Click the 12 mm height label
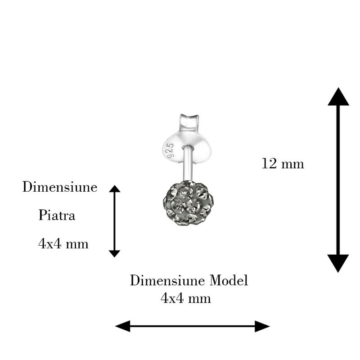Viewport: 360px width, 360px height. tap(283, 163)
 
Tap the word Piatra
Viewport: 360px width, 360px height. tap(57, 216)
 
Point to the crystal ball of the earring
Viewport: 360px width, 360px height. tap(187, 202)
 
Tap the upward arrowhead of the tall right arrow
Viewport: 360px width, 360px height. tap(338, 97)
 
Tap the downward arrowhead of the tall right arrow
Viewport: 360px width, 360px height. tap(338, 262)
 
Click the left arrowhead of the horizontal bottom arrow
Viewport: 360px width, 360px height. tap(123, 326)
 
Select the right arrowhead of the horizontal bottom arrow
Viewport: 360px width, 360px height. tap(262, 326)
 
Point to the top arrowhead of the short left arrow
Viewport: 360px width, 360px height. tap(115, 189)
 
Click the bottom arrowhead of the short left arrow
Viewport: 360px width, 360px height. tap(115, 253)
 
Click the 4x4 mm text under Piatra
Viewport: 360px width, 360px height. tap(63, 244)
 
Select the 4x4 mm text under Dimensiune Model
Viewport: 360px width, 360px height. tap(185, 298)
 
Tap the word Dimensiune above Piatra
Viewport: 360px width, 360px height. tap(60, 187)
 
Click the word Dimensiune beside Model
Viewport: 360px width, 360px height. tap(168, 281)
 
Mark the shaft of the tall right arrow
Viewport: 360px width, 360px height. tap(338, 180)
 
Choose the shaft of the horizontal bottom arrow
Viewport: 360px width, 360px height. tap(193, 326)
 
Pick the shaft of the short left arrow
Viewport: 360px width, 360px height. tap(115, 221)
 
